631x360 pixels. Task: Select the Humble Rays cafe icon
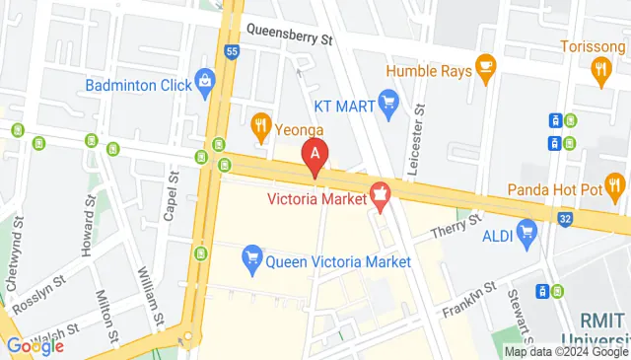[484, 65]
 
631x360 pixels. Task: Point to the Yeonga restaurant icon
[260, 123]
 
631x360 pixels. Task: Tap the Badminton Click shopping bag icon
[205, 79]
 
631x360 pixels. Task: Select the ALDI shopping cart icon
[527, 233]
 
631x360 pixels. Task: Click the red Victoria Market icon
[380, 196]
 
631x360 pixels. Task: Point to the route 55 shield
[232, 51]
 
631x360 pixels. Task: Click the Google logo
[35, 345]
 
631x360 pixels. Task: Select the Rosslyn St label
[36, 281]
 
